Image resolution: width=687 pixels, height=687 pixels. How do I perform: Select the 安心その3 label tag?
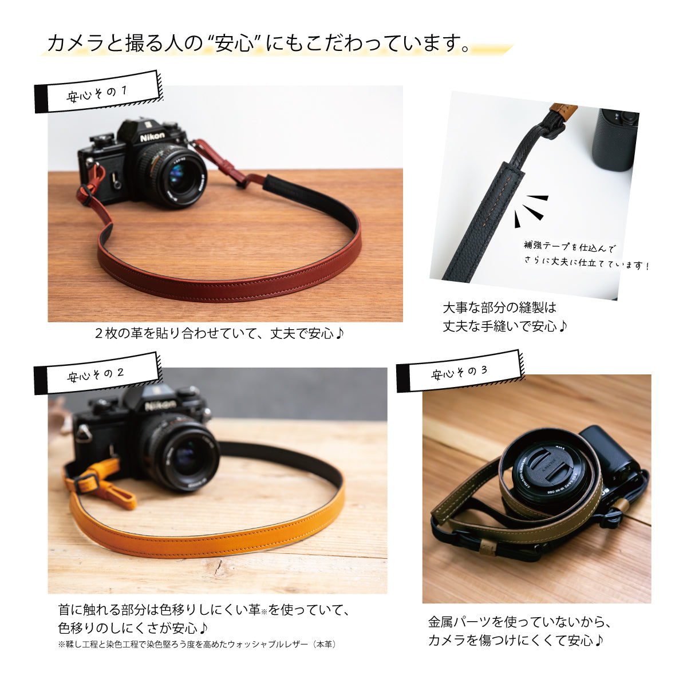point(460,372)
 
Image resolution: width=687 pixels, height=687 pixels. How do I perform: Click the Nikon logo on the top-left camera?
point(152,137)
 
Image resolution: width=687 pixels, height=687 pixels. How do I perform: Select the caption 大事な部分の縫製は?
point(499,307)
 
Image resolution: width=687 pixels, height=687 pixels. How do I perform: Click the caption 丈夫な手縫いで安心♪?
point(505,326)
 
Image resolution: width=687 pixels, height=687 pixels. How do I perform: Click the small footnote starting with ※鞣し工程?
point(198,644)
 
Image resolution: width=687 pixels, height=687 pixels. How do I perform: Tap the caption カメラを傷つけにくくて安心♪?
point(516,640)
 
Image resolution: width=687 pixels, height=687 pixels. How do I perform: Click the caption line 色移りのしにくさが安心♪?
point(133,627)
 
